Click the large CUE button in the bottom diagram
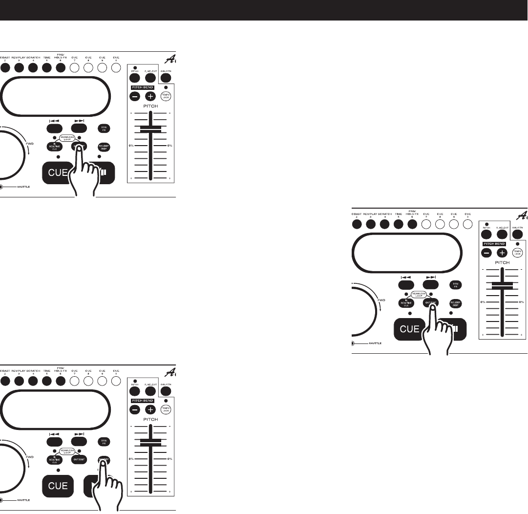[58, 486]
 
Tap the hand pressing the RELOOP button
[108, 489]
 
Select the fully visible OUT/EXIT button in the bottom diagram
[79, 460]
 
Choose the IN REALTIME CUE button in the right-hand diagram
[407, 303]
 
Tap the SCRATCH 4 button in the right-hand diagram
[384, 224]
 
